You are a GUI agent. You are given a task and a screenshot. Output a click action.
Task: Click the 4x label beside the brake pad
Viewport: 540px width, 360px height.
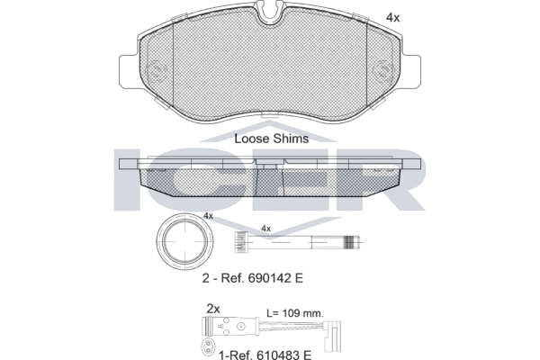coord(392,17)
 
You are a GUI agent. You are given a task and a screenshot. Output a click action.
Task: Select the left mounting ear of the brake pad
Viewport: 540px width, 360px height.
coord(129,71)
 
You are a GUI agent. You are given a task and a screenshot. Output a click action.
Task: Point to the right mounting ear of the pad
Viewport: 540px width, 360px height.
coord(411,71)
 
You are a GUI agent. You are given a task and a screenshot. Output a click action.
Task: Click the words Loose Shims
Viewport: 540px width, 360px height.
coord(272,139)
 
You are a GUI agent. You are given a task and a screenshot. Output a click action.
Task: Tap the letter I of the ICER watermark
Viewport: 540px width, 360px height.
coord(127,179)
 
